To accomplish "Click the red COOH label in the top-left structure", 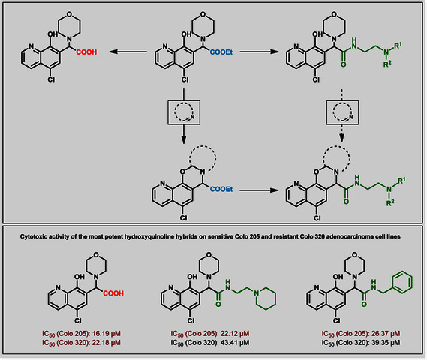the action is [x=86, y=52].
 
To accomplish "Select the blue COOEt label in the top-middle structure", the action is [x=221, y=52].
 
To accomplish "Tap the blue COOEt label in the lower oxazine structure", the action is [x=221, y=189].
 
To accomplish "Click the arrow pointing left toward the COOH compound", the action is [x=128, y=52].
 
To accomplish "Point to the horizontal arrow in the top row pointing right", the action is [x=259, y=52].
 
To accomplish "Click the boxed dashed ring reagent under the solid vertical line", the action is [x=184, y=112].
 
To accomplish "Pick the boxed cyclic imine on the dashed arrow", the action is [x=342, y=112].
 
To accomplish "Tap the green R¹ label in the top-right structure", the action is [x=398, y=46].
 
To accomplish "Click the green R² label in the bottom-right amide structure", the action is [x=391, y=202].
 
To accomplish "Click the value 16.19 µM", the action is [x=107, y=333].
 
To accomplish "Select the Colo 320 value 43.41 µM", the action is [x=236, y=342].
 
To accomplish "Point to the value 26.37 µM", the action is [x=386, y=333].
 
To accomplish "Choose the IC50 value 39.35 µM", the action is [x=386, y=342].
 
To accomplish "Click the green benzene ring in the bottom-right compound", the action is [x=402, y=282].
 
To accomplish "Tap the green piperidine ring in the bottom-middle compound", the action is [x=265, y=298].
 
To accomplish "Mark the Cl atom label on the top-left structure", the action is [x=51, y=79].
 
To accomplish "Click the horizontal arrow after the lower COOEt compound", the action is [x=259, y=190].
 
